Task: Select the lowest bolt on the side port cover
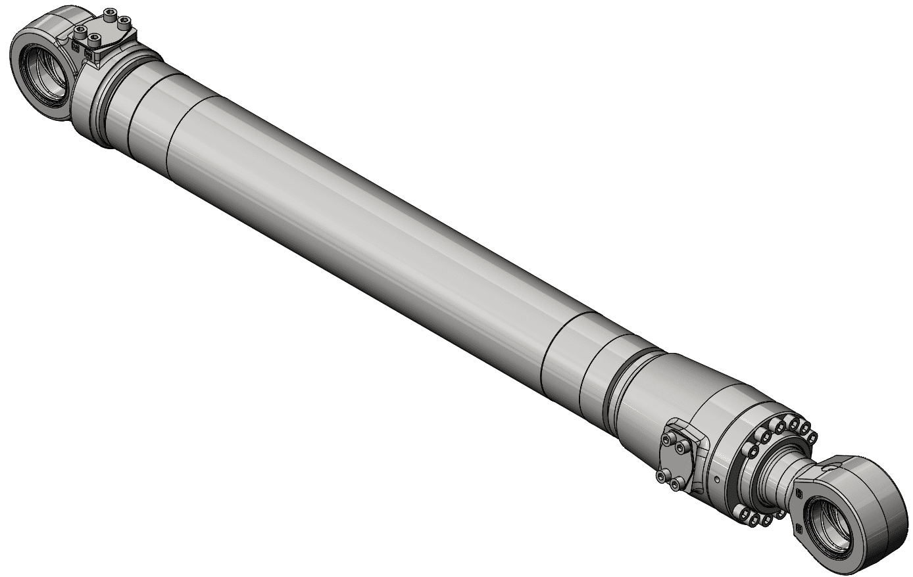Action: pyautogui.click(x=677, y=484)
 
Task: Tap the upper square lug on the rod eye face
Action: pyautogui.click(x=799, y=491)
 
